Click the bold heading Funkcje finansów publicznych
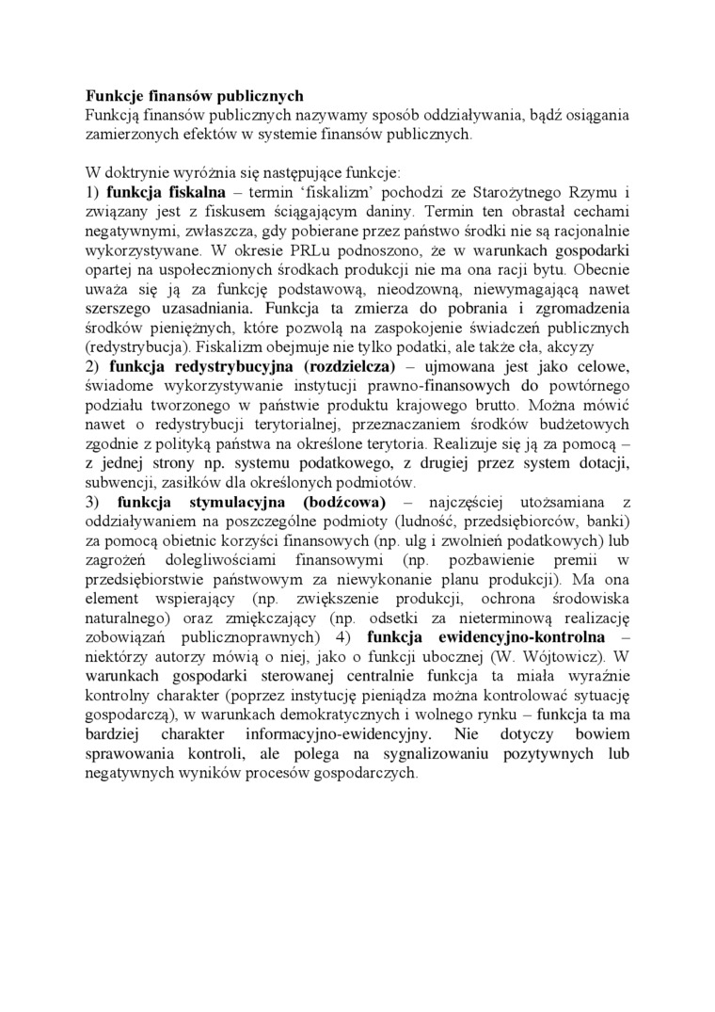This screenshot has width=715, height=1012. [x=195, y=95]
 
